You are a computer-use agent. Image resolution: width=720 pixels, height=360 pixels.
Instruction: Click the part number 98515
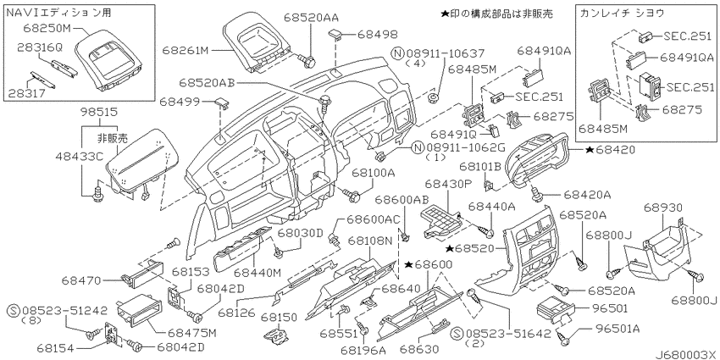(x=98, y=112)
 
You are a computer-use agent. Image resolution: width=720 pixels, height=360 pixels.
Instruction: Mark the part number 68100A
(x=374, y=172)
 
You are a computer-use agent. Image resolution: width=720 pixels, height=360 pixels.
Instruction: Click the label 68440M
(x=255, y=272)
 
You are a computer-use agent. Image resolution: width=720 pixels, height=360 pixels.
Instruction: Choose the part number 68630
(x=419, y=348)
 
